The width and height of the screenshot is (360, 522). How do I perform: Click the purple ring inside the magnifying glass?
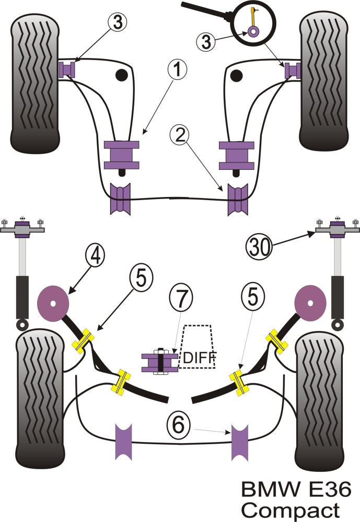coord(253,31)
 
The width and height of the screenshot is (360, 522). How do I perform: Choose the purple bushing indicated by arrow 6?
coord(240,443)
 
